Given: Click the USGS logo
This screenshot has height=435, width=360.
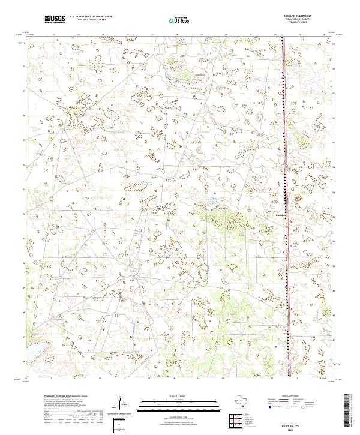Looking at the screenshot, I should [x=55, y=19].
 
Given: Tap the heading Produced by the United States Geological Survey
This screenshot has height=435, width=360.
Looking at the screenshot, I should [x=68, y=395].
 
